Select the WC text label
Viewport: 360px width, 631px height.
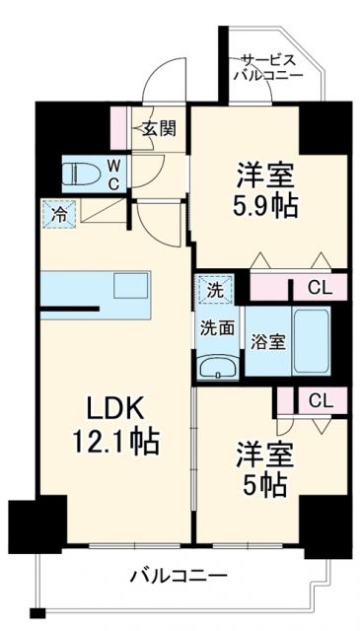pyautogui.click(x=113, y=175)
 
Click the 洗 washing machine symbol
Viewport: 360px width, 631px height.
pyautogui.click(x=214, y=290)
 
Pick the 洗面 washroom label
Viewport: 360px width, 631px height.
pyautogui.click(x=218, y=327)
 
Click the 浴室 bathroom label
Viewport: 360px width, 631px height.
pyautogui.click(x=267, y=342)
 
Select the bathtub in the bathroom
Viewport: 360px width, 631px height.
pyautogui.click(x=310, y=340)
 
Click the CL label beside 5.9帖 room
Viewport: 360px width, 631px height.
pyautogui.click(x=319, y=289)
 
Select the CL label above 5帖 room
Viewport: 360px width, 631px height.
pyautogui.click(x=319, y=400)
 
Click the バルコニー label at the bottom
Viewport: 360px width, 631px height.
pyautogui.click(x=179, y=576)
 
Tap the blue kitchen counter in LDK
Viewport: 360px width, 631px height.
pyautogui.click(x=99, y=295)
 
